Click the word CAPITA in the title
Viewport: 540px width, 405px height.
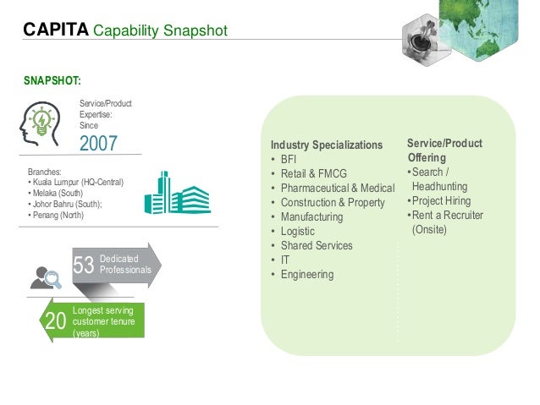click(55, 31)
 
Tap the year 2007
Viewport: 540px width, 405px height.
click(98, 143)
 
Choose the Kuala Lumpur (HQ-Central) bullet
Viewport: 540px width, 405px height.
click(76, 182)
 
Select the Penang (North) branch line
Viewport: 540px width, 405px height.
click(56, 215)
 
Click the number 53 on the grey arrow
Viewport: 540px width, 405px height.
click(83, 266)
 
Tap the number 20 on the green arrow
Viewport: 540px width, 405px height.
click(55, 320)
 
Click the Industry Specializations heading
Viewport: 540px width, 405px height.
click(326, 145)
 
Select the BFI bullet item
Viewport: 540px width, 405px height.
click(288, 160)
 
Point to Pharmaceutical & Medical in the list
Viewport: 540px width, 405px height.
click(337, 189)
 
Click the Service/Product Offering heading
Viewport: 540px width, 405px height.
click(444, 151)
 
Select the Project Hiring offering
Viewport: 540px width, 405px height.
click(444, 200)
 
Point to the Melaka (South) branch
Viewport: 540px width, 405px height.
click(59, 193)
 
